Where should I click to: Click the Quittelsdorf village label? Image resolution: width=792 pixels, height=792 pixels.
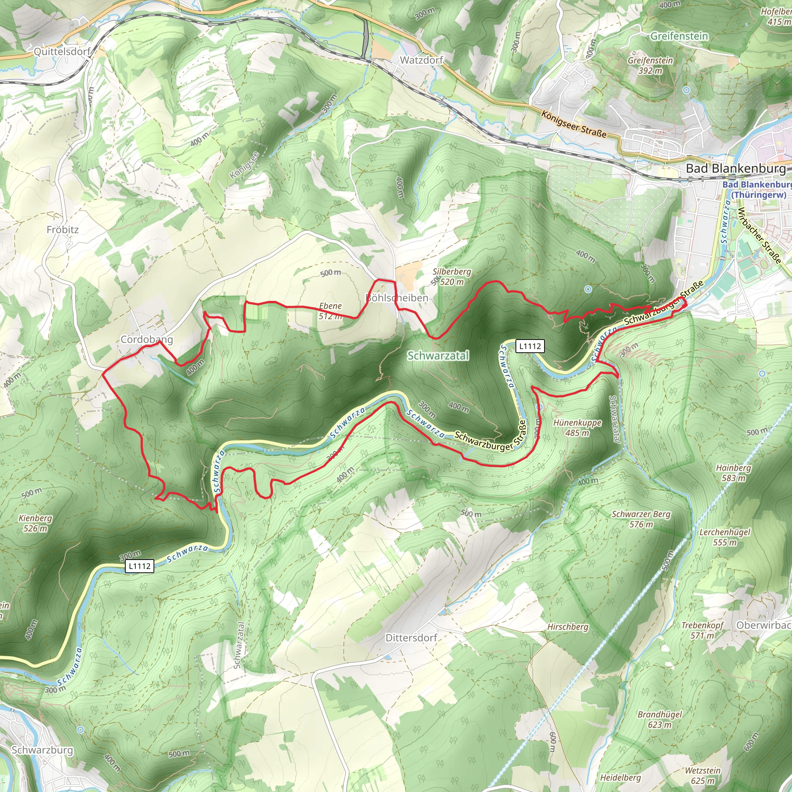[62, 52]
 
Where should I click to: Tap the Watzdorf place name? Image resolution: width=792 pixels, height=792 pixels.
[422, 60]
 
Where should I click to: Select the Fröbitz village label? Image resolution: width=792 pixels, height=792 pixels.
[62, 230]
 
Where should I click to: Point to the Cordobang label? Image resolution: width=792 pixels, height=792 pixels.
[146, 340]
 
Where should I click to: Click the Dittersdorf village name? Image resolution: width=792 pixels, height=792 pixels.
[411, 638]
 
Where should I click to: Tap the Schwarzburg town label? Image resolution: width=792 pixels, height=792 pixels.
[42, 750]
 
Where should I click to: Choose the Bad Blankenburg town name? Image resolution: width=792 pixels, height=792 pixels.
[736, 169]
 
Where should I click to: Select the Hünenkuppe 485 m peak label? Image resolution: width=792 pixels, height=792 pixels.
[577, 428]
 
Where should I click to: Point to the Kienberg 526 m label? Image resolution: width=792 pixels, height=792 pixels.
[36, 523]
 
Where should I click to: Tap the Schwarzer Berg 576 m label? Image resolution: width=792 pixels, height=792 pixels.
[641, 519]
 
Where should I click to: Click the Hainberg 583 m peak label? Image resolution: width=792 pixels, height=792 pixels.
[733, 473]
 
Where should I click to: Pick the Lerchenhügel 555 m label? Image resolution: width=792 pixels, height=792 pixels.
[725, 537]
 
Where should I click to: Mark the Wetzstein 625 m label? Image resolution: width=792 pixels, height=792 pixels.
[703, 775]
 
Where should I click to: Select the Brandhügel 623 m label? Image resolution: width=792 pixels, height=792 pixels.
[660, 719]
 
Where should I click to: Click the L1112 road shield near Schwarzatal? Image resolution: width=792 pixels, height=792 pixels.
[530, 346]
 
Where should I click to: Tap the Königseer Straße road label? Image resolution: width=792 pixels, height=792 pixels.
[574, 124]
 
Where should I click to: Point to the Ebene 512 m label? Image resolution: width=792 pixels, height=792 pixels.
[330, 311]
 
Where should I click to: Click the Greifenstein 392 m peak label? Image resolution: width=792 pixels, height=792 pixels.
[650, 65]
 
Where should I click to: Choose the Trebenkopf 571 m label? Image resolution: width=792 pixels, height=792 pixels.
[702, 630]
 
